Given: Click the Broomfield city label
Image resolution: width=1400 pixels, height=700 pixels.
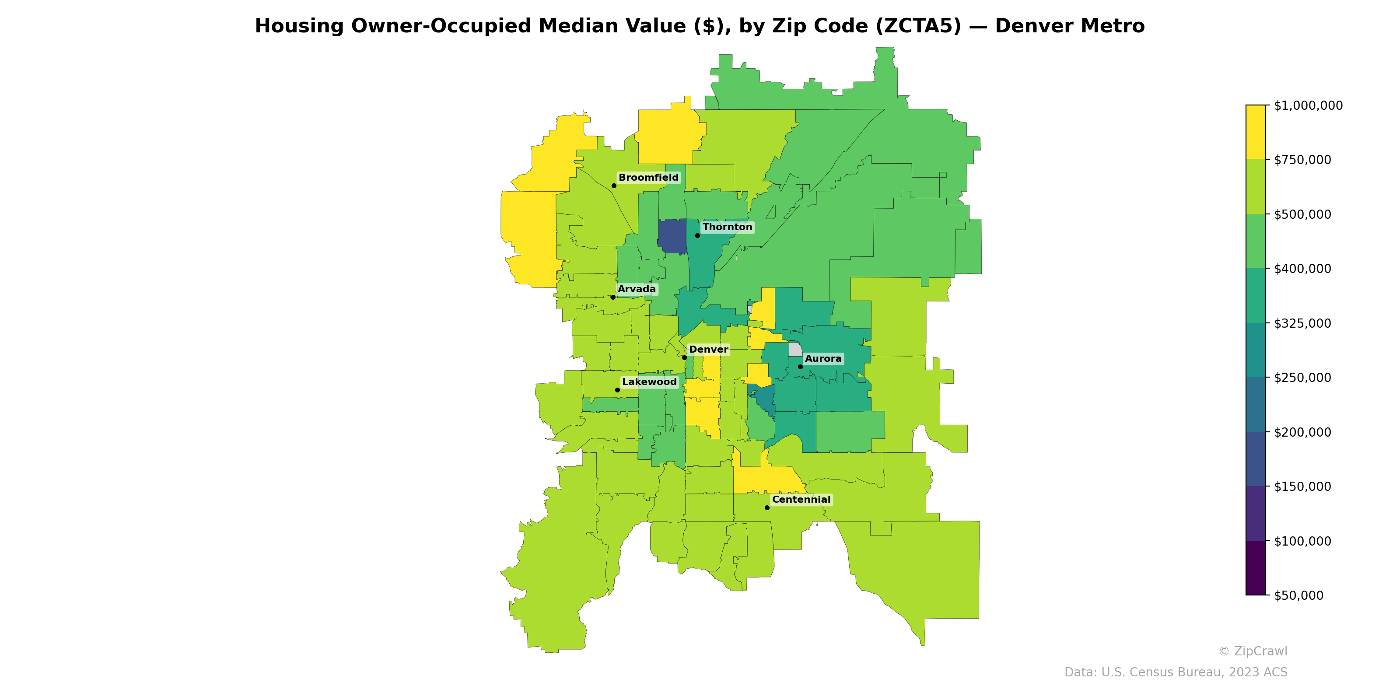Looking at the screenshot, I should click(x=648, y=178).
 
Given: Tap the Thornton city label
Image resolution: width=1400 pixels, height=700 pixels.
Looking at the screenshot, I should click(x=727, y=227).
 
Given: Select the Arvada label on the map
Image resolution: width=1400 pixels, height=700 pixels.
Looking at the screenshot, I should click(x=637, y=289).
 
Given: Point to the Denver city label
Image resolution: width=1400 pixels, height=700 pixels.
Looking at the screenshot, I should click(x=708, y=350).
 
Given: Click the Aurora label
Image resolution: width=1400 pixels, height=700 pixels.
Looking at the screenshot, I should click(x=823, y=359).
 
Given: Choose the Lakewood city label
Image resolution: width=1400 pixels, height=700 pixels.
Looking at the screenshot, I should click(x=649, y=382).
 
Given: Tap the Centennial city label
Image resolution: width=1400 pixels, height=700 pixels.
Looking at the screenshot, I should click(x=801, y=500).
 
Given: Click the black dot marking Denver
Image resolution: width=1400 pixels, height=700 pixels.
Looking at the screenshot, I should click(x=684, y=357).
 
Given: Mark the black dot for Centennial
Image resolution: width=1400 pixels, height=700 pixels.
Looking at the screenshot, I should click(x=767, y=507).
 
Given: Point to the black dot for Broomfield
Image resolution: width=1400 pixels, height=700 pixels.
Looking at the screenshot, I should click(x=613, y=186).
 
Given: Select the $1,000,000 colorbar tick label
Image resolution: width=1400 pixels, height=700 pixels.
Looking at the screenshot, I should click(x=1308, y=105).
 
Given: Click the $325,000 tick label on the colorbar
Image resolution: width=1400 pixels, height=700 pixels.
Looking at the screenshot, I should click(x=1302, y=323).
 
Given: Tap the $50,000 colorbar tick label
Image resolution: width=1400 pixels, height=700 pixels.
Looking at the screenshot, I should click(x=1298, y=595).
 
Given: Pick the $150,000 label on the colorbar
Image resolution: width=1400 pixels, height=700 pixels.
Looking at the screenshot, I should click(x=1302, y=486).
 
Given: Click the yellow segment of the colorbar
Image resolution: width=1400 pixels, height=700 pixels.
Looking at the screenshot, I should click(x=1256, y=132).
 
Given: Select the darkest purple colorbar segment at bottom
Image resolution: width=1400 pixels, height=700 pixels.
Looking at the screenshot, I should click(x=1256, y=568).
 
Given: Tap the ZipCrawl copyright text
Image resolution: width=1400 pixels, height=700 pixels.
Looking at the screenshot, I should click(x=1252, y=651).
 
